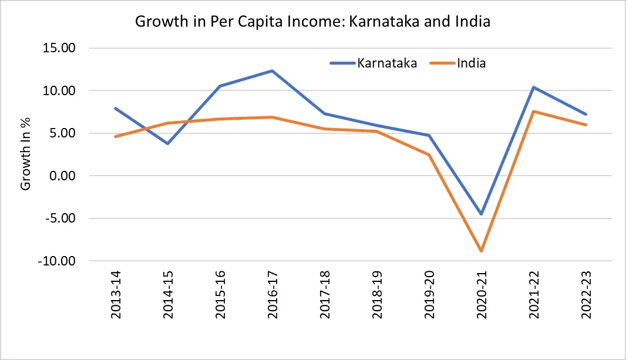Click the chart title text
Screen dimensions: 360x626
(312, 22)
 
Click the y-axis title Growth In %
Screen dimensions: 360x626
(26, 154)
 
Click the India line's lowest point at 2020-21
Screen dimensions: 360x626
(482, 251)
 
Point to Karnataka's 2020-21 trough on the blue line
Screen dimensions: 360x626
(482, 214)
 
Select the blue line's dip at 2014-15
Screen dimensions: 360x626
(168, 143)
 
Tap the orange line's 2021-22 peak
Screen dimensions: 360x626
(534, 111)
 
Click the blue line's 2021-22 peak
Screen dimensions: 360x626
(534, 87)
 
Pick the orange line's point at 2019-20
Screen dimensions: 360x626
(429, 154)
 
